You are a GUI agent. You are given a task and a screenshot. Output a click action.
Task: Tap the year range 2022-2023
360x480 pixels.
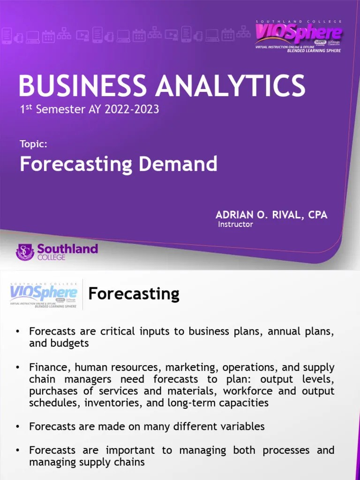coord(132,110)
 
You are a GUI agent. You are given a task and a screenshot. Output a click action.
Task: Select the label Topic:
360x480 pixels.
coord(33,144)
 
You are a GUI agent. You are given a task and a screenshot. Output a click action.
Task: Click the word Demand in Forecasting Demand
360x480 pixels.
coord(185,165)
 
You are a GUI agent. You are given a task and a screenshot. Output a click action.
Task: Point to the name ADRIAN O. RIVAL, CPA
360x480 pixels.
coord(271,215)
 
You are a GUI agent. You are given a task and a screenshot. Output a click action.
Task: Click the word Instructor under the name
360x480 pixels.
coord(235,225)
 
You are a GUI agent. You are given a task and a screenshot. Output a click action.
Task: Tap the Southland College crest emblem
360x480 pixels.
coord(25,252)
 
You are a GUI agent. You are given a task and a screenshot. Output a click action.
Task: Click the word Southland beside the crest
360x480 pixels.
coord(67,248)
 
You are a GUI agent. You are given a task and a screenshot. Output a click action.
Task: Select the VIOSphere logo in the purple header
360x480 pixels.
coord(298,35)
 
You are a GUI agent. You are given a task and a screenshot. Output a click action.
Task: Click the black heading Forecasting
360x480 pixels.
coord(134,294)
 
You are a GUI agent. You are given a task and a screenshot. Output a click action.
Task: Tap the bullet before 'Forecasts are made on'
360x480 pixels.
coord(18,427)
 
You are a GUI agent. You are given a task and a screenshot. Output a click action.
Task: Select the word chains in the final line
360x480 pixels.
coord(131,462)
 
